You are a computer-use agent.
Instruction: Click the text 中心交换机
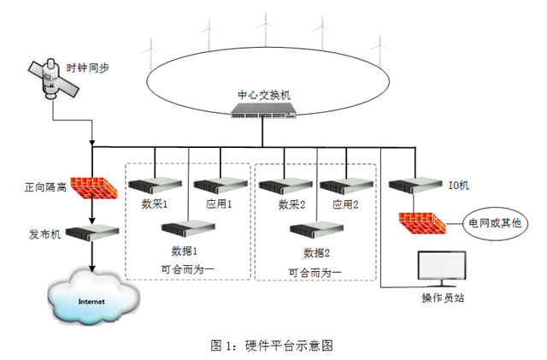pos(262,93)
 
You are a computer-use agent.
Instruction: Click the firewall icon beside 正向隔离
pos(91,185)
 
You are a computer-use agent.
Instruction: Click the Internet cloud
pos(91,300)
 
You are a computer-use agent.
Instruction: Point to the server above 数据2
pos(316,229)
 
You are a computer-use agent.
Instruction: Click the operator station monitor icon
pos(440,270)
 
